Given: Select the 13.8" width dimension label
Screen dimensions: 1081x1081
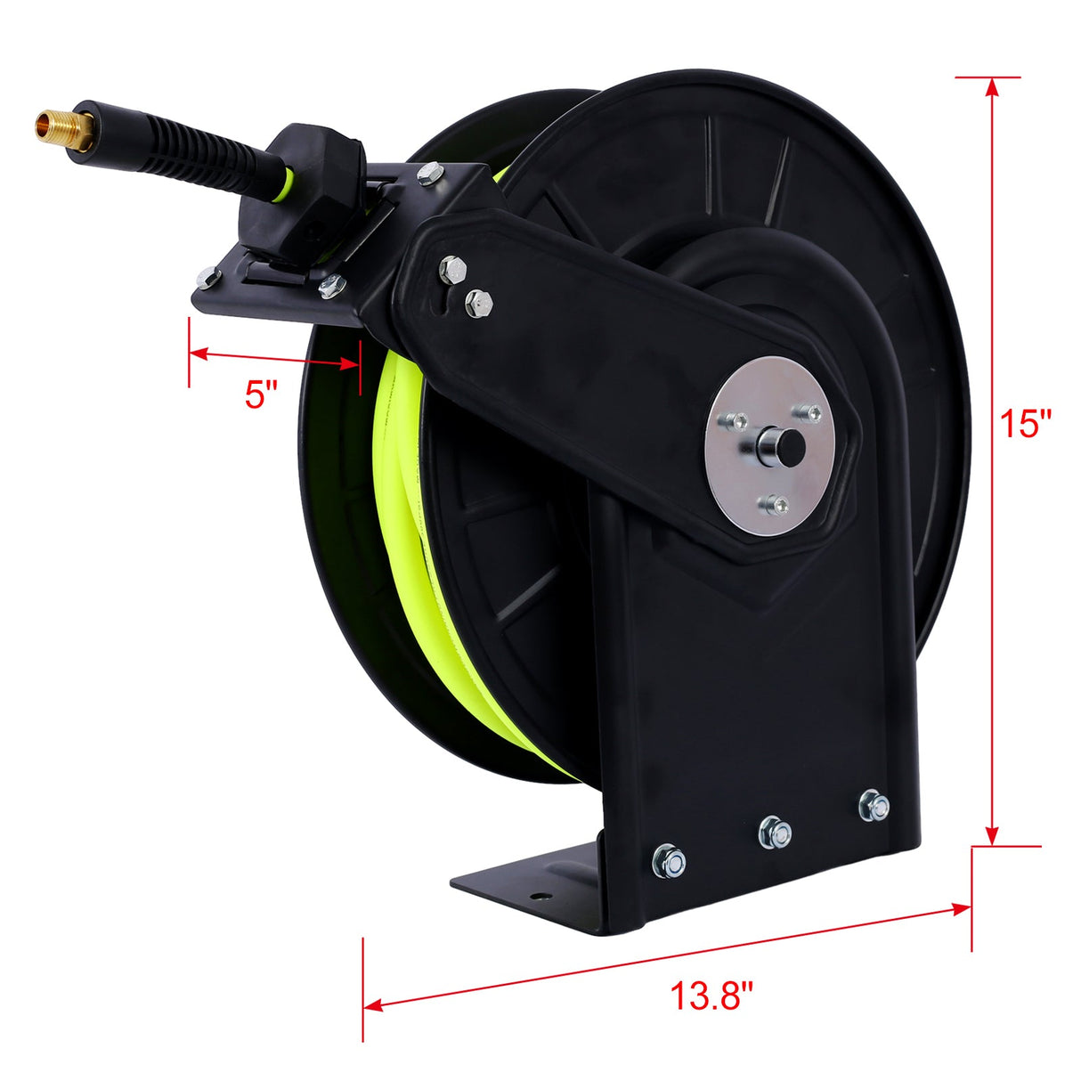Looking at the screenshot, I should [711, 996].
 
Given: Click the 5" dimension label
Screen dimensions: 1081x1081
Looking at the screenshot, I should [261, 393].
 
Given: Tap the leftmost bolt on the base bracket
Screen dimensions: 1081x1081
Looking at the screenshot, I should [669, 860].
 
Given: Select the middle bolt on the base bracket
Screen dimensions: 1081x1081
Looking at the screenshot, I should [775, 833].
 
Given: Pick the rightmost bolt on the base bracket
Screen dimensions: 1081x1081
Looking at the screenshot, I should [874, 807].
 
